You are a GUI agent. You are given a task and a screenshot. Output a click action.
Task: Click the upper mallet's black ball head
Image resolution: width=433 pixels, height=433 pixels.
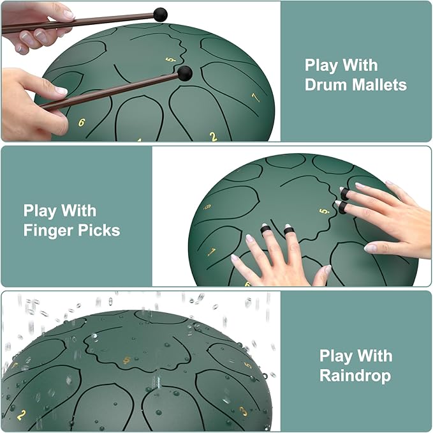tap(160, 15)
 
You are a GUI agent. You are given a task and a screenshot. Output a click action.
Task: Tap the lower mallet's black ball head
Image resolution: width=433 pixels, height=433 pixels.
tap(184, 73)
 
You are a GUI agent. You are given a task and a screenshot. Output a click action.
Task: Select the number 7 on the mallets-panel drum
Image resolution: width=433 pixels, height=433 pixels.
tap(256, 97)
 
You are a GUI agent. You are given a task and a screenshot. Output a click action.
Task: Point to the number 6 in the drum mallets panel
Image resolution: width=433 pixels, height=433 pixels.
tap(82, 122)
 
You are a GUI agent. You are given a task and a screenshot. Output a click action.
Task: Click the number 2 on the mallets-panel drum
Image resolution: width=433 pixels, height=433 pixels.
tap(213, 137)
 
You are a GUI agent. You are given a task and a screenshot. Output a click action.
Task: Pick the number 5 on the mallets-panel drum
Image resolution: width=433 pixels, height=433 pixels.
tap(171, 59)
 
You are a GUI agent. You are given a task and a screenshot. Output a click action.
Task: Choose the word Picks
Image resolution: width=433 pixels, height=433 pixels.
tap(99, 230)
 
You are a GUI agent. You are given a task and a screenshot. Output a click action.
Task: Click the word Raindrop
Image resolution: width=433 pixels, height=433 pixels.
tap(355, 376)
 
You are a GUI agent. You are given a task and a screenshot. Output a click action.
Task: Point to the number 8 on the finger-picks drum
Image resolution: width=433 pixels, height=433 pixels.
tap(207, 206)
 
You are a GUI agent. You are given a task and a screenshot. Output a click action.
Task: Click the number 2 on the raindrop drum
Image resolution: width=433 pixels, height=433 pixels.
tap(22, 414)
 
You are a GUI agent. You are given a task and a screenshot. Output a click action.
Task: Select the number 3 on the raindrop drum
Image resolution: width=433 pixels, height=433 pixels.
tap(243, 411)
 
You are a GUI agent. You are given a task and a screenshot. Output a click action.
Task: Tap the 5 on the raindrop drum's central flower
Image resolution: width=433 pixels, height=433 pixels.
tap(127, 360)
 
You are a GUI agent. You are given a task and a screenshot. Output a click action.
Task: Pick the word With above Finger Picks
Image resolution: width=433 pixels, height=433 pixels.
tap(79, 211)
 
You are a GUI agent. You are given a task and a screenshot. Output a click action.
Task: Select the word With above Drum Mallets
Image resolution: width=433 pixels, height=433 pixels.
tap(360, 65)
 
